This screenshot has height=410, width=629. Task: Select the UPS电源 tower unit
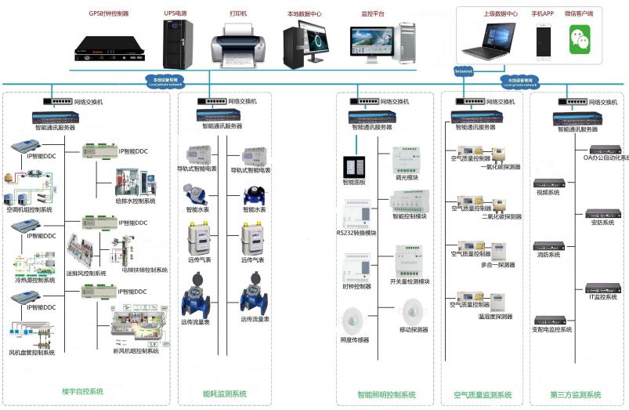(178, 43)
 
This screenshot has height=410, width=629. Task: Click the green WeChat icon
(580, 39)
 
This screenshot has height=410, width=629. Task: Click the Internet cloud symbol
(464, 71)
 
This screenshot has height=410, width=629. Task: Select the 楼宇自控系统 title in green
(82, 391)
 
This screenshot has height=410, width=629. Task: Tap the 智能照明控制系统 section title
(386, 394)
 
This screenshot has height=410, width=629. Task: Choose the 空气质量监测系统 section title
(483, 394)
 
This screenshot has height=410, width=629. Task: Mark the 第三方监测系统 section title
(576, 394)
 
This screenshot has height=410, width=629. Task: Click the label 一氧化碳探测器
(502, 166)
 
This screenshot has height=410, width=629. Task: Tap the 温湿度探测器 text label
(496, 317)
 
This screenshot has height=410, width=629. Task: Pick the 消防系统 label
(548, 255)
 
